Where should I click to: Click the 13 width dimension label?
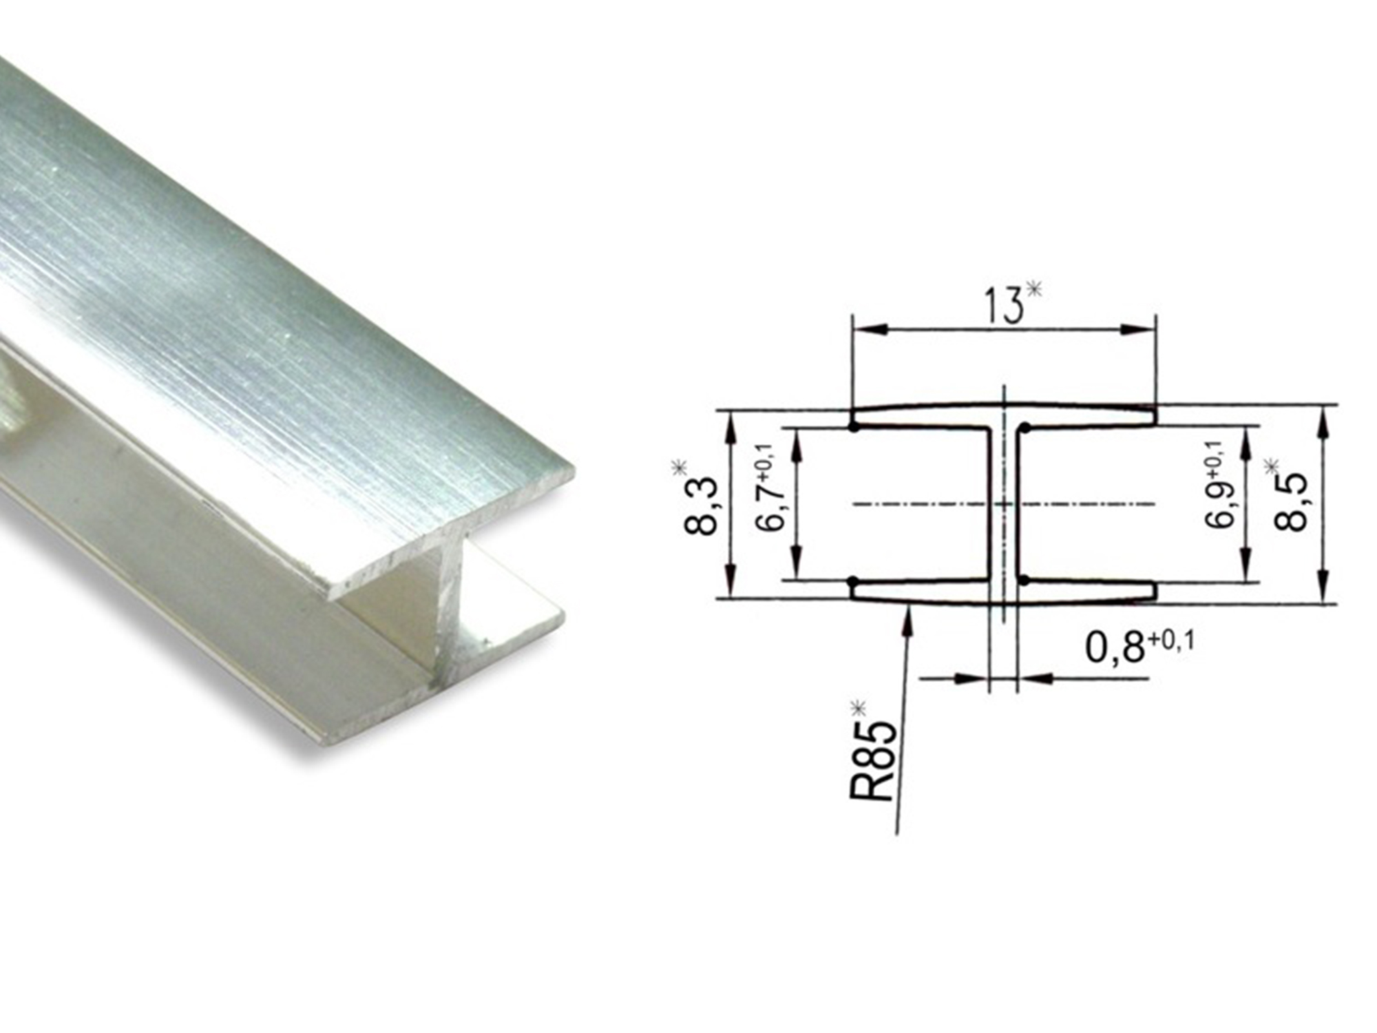(1003, 306)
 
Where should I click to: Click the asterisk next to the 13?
(1033, 290)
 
